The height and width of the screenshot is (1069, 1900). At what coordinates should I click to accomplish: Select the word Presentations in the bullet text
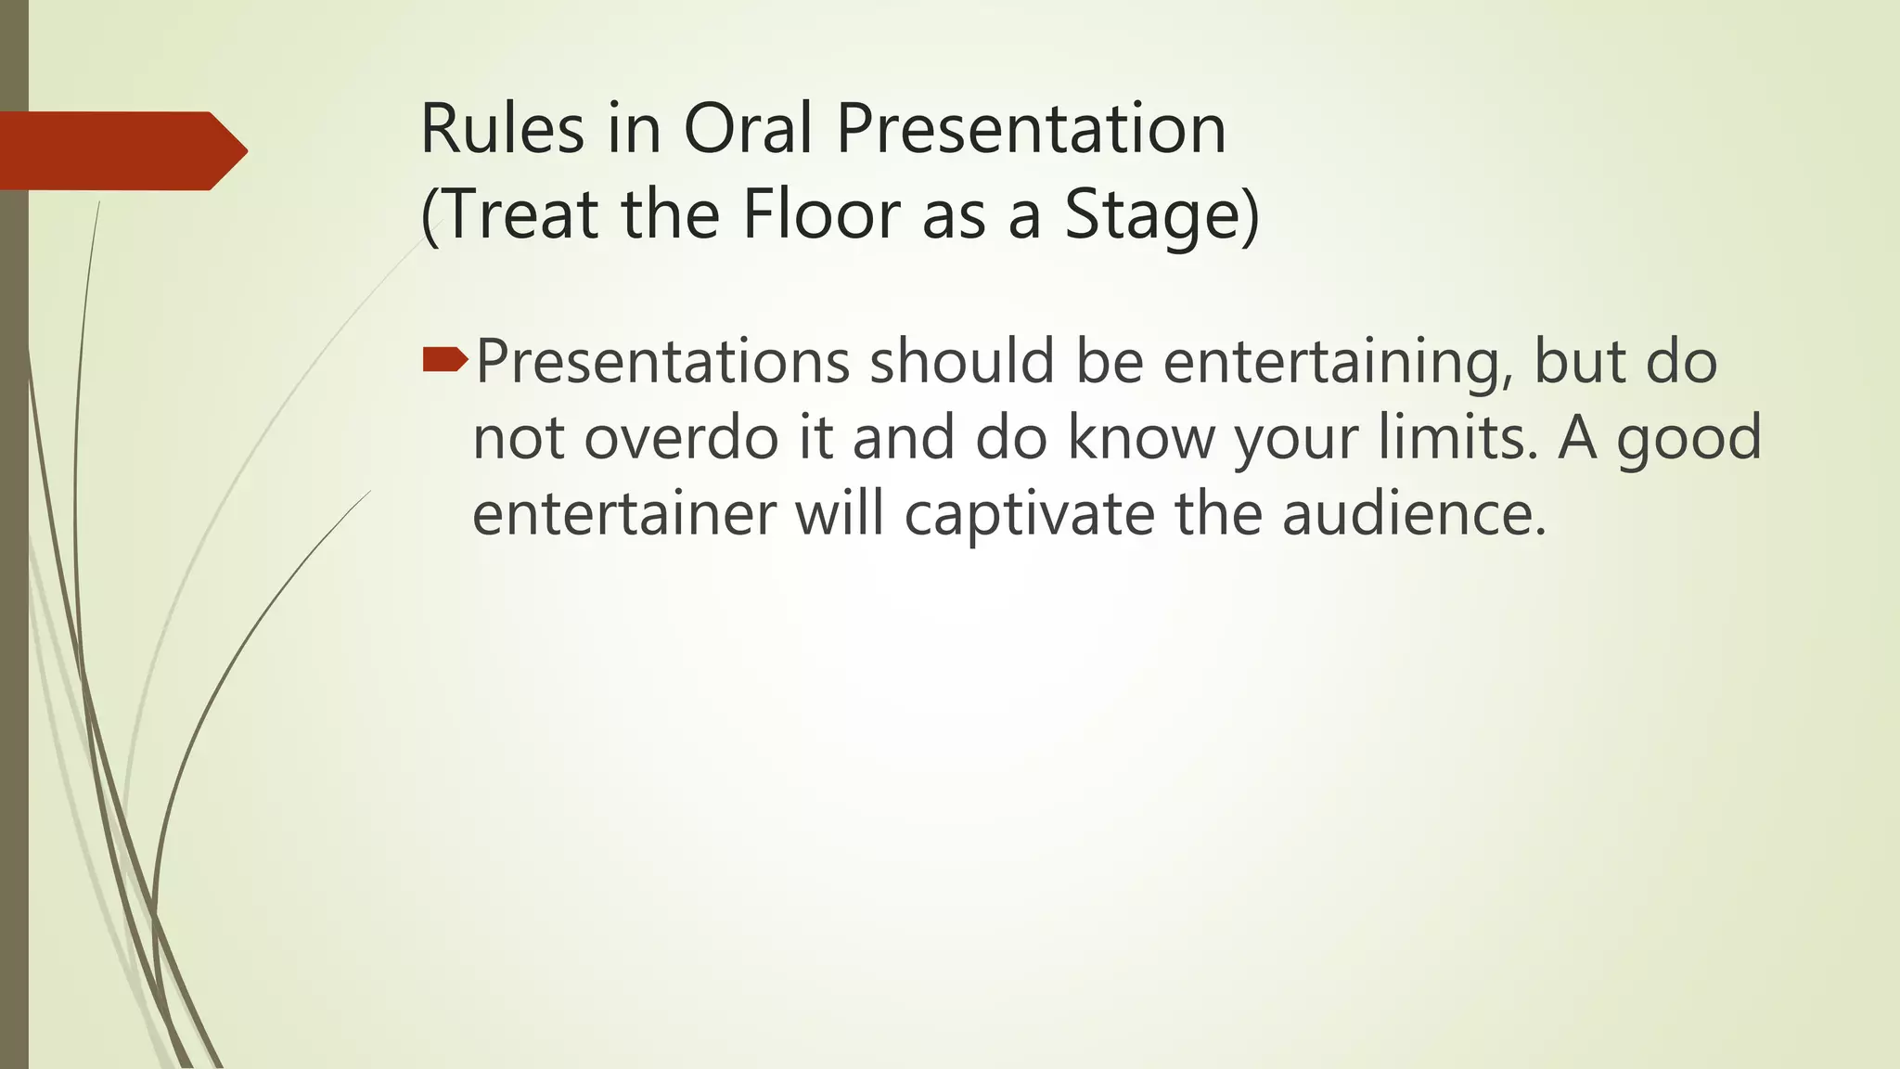pyautogui.click(x=662, y=361)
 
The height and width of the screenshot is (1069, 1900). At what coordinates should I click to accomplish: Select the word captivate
pyautogui.click(x=1029, y=513)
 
